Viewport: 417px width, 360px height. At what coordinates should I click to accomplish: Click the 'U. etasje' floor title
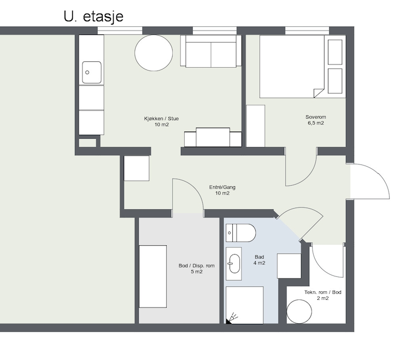click(93, 16)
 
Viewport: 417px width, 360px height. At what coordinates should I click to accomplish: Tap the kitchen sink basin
click(91, 72)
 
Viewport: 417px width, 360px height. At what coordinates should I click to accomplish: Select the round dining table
click(154, 52)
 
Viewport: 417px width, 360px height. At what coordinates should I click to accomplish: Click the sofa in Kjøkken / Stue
click(211, 51)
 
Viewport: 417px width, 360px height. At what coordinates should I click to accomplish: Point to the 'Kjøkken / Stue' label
click(161, 119)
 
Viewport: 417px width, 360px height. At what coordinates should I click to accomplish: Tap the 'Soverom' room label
click(316, 117)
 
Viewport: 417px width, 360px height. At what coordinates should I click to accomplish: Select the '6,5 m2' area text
click(316, 123)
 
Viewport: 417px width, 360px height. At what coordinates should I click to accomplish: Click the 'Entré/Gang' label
click(222, 187)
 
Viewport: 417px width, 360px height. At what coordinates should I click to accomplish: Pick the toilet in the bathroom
click(240, 233)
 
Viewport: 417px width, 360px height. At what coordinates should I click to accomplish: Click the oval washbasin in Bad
click(234, 263)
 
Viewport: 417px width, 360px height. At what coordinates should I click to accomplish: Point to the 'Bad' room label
click(259, 257)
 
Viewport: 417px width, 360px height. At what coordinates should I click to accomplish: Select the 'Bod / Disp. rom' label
click(197, 265)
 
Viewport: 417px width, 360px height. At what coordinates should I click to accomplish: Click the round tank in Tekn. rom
click(299, 311)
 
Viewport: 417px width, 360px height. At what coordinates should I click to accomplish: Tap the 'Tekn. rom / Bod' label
click(323, 292)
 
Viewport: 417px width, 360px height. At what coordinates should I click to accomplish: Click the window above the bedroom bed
click(307, 31)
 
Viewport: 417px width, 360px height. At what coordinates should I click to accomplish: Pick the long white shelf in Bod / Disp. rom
click(153, 276)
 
